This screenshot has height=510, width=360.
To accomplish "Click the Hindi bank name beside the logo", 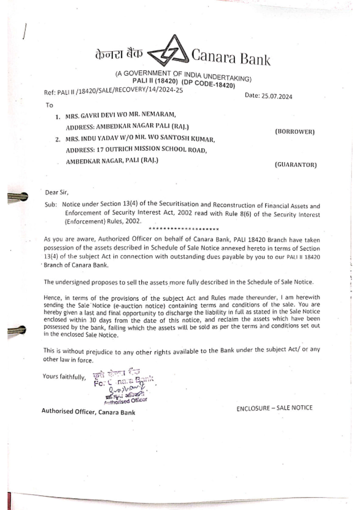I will [119, 54].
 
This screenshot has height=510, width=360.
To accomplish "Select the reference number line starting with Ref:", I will [113, 91].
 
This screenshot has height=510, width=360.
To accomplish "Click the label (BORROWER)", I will [294, 132].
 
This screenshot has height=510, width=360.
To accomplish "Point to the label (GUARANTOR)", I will [296, 165].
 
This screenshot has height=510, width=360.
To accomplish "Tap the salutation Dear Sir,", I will [57, 192].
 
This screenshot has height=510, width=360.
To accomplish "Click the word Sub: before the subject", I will [51, 204].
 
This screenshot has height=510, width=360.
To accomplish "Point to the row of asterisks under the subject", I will [183, 229].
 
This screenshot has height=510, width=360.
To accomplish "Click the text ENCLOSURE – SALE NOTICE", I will [274, 408].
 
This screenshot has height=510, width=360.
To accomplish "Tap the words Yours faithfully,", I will [64, 376].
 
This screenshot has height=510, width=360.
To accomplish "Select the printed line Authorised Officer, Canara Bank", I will [88, 411].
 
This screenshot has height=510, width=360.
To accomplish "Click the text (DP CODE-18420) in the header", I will [208, 84].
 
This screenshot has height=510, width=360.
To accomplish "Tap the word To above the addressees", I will [49, 105].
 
